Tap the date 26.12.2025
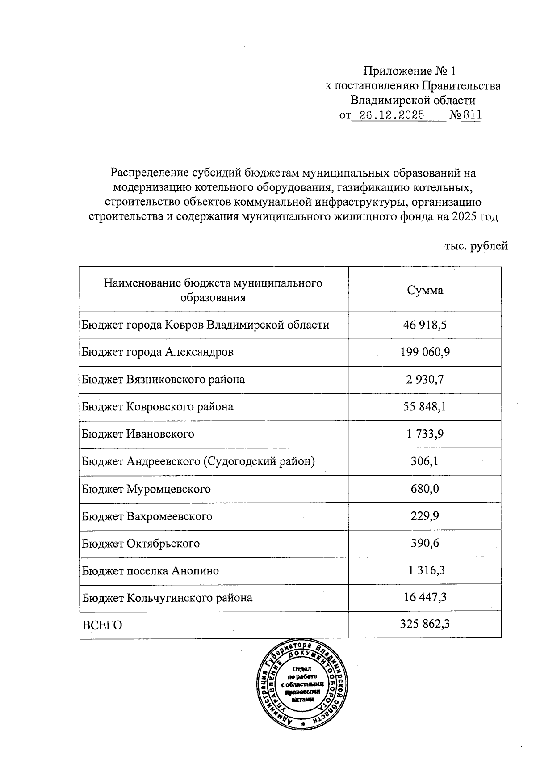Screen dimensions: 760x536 click(x=392, y=115)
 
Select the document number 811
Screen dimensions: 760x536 click(x=472, y=115)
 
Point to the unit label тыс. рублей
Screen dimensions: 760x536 click(x=476, y=246)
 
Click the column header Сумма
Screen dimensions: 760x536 click(x=425, y=290)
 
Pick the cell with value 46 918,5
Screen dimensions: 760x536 click(x=425, y=325)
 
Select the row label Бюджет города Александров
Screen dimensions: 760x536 click(x=157, y=352)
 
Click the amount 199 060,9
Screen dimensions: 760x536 click(x=425, y=352)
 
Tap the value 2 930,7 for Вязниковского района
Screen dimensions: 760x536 click(x=425, y=380)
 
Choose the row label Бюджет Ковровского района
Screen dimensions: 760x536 click(x=157, y=407)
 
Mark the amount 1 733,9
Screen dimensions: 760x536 click(x=425, y=434)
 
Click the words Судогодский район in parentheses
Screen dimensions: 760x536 click(x=259, y=461)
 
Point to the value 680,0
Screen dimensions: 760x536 click(x=425, y=489)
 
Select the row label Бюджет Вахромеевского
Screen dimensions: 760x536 click(x=147, y=516)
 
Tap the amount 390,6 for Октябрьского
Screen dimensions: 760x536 click(x=425, y=544)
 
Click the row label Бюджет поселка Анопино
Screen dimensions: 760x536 click(x=150, y=571)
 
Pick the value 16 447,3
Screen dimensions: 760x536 click(x=425, y=598)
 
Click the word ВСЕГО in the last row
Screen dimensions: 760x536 click(x=102, y=625)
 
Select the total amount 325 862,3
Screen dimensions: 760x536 click(x=425, y=624)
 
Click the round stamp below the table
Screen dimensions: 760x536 click(x=302, y=685)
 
